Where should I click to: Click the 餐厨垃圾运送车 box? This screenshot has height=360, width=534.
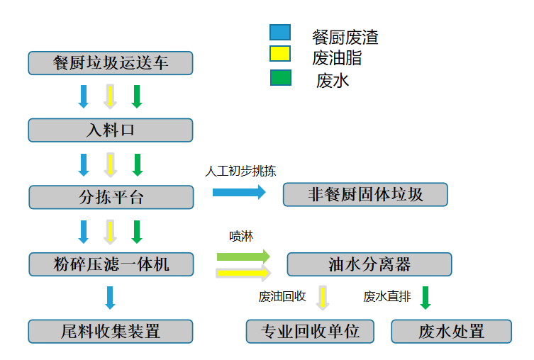point(111,62)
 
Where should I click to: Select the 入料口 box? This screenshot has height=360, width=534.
point(111,130)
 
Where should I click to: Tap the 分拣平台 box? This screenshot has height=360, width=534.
point(111,197)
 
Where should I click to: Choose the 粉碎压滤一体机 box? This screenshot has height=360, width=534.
point(111,264)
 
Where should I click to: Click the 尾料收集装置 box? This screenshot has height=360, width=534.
point(111,331)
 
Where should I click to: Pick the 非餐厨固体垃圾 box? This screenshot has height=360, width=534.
point(365,194)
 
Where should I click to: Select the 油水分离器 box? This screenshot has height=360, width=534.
point(369,264)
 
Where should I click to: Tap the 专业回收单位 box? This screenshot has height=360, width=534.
point(310,331)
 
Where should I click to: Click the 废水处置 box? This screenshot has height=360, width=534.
point(451,331)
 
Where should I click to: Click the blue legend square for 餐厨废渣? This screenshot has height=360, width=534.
point(280,33)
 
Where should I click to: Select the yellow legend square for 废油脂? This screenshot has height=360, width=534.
point(280,55)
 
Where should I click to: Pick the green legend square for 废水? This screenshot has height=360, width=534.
point(280,77)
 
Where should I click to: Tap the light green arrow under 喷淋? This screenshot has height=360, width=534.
point(243,256)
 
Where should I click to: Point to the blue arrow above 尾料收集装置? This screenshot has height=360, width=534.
point(110,297)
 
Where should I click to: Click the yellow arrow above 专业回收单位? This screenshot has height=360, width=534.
point(323,298)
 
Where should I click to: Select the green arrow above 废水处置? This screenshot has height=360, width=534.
point(425,297)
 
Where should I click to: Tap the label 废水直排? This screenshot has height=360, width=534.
point(387,297)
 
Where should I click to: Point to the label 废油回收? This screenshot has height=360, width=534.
point(282,297)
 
